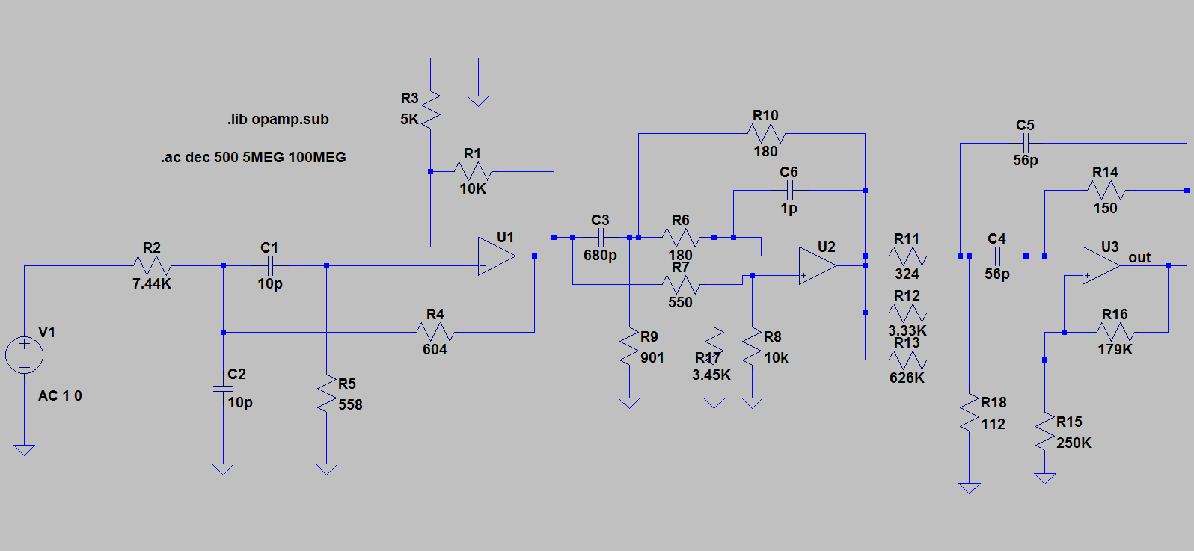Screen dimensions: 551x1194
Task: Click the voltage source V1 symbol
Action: tap(24, 354)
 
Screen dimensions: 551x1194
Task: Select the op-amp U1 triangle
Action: tap(496, 256)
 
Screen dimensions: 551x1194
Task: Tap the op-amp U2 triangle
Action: tap(817, 265)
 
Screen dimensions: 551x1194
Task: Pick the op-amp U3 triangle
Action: tap(1100, 265)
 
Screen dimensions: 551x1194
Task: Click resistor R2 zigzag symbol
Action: tap(152, 265)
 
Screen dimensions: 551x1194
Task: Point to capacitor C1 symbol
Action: tap(270, 265)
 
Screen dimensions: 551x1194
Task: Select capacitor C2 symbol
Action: tap(222, 389)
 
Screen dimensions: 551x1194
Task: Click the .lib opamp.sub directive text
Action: tap(278, 120)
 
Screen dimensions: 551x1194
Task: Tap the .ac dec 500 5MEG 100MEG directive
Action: tap(253, 158)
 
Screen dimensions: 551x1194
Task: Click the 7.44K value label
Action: tap(152, 284)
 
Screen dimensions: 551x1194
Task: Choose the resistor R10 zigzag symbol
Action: tap(765, 134)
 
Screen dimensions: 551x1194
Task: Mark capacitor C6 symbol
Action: tap(789, 190)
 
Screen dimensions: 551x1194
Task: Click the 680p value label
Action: tap(600, 256)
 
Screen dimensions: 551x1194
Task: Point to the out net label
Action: tap(1139, 258)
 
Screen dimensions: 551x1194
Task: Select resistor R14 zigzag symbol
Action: tap(1106, 190)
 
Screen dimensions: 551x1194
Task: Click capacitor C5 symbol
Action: tap(1026, 143)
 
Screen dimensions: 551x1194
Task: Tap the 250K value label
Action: tap(1074, 443)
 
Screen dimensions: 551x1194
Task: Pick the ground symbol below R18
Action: tap(969, 488)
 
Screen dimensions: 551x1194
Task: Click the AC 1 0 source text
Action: tap(60, 396)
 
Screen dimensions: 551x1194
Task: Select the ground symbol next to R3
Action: tap(478, 101)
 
